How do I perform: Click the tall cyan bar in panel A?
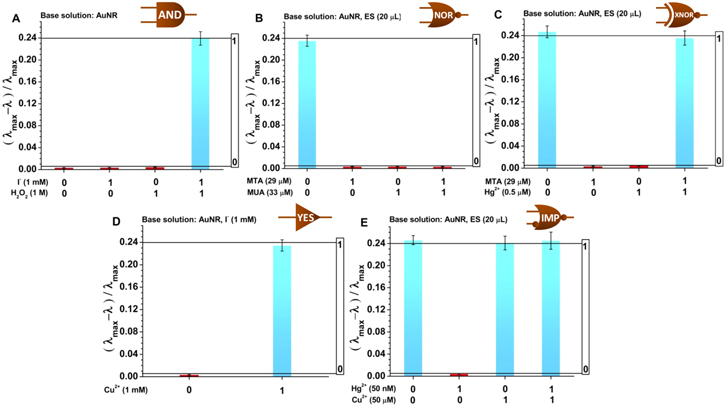point(201,105)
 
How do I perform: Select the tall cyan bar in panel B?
point(307,105)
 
